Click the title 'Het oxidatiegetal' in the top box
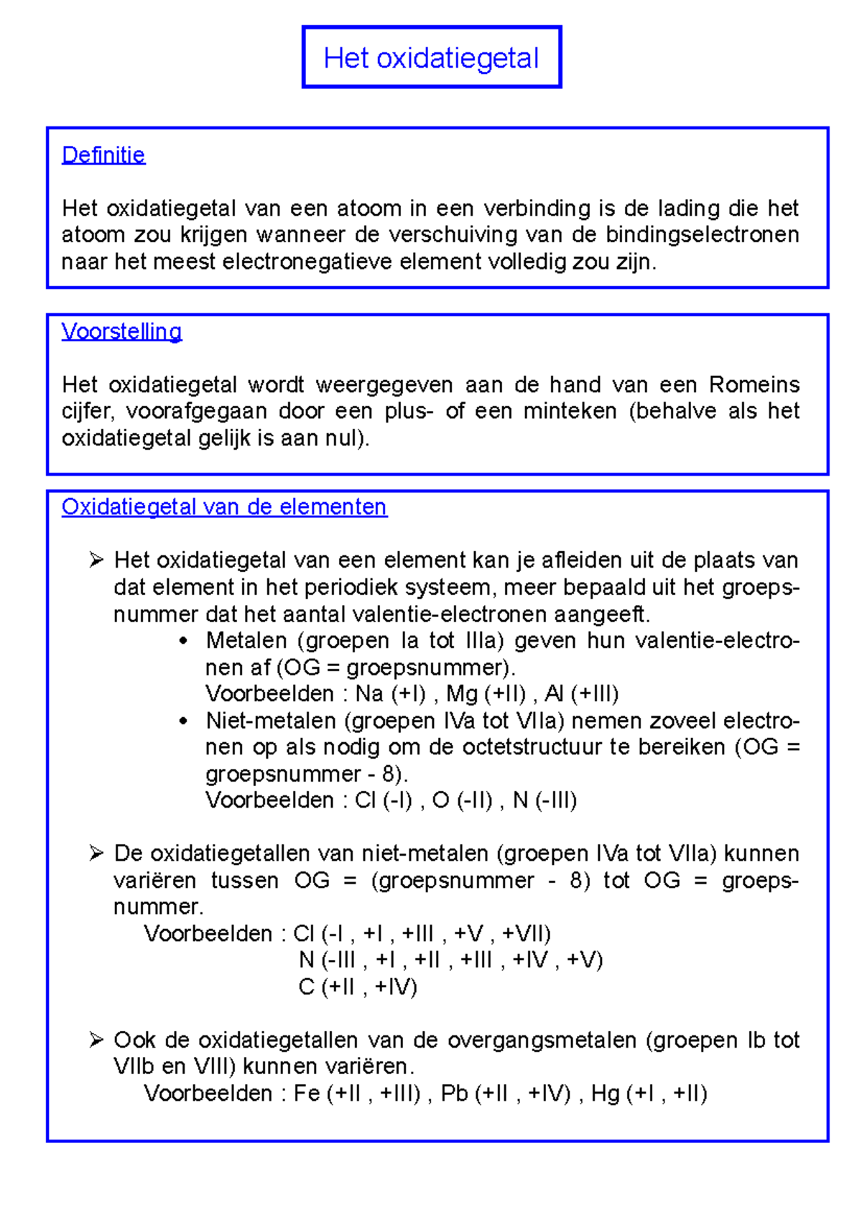(x=431, y=58)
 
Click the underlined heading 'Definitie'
(x=103, y=154)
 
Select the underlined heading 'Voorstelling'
(x=121, y=331)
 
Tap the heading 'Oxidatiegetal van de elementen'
(x=224, y=507)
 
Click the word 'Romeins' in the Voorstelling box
(x=754, y=384)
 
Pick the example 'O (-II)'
(x=463, y=800)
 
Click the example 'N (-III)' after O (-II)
(x=544, y=800)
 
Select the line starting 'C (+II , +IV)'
(x=358, y=987)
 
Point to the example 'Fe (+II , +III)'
(x=357, y=1094)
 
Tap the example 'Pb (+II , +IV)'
(x=506, y=1094)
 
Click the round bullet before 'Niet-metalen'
(x=185, y=721)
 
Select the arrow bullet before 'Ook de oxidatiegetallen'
(x=96, y=1040)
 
